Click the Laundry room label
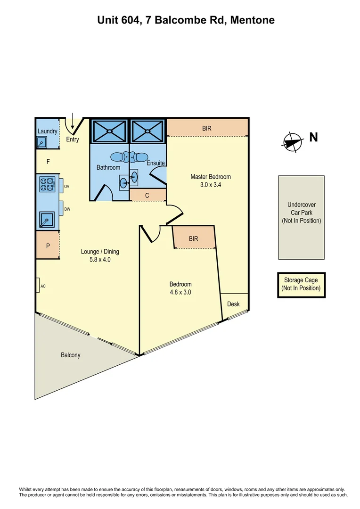[x=47, y=131]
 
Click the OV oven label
[x=67, y=187]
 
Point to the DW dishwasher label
[x=67, y=209]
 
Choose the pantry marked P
[x=48, y=246]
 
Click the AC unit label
[x=42, y=286]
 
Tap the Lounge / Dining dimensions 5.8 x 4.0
[x=96, y=259]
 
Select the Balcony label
[x=71, y=355]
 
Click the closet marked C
[x=147, y=195]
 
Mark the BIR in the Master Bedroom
[x=207, y=128]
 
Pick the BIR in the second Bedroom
[x=194, y=238]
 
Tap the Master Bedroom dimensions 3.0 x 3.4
[x=210, y=185]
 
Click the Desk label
[x=233, y=304]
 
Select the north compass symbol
[x=293, y=141]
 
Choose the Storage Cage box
[x=301, y=284]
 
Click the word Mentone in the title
[x=253, y=20]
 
